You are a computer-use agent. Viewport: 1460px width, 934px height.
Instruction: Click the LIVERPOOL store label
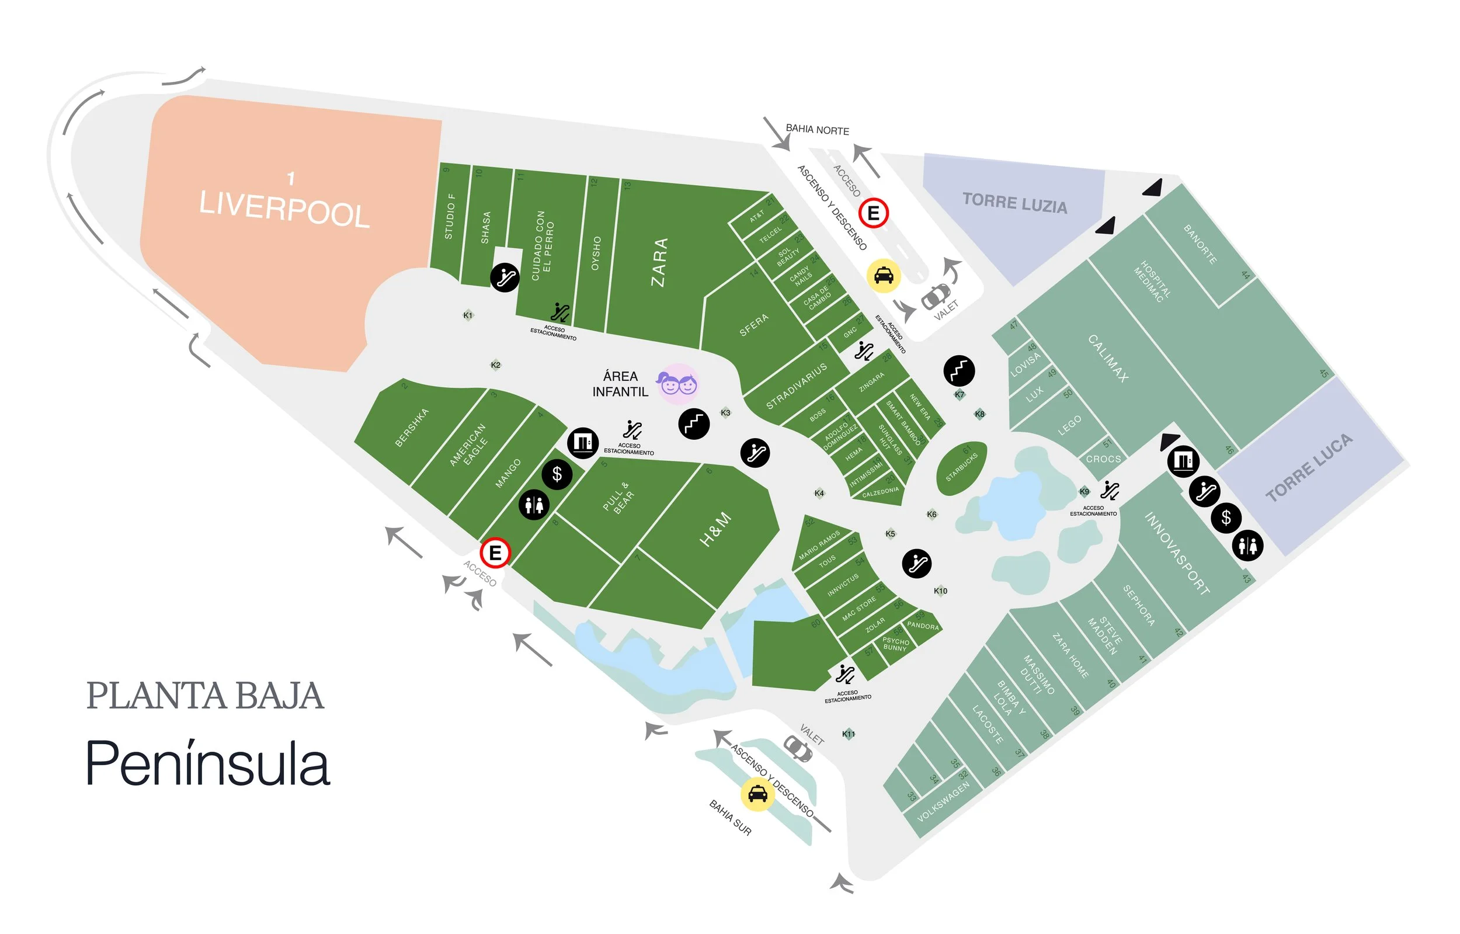(284, 209)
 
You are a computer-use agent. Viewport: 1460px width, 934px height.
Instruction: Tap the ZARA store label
(660, 262)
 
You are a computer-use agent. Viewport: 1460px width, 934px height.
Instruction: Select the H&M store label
(715, 529)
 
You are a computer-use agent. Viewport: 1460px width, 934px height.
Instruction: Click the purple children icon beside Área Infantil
(678, 383)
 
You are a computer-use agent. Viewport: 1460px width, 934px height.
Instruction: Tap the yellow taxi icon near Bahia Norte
(884, 276)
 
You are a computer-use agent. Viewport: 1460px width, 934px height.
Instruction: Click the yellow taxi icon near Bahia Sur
(757, 794)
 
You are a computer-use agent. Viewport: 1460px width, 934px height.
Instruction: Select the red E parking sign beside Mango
(495, 553)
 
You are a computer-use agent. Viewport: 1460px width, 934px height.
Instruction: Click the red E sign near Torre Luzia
(873, 213)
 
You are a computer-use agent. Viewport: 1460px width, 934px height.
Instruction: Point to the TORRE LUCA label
(1308, 468)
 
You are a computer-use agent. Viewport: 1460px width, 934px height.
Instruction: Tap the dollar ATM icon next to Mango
(557, 474)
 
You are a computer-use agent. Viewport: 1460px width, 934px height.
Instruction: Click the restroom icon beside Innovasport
(1248, 545)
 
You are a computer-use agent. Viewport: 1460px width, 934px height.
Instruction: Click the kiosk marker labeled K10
(940, 591)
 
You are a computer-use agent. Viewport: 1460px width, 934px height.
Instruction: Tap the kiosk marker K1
(467, 315)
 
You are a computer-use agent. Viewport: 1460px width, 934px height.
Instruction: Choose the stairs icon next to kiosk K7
(959, 370)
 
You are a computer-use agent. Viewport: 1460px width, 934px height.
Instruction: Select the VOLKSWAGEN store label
(943, 801)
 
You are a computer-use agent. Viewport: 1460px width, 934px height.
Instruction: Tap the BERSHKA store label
(412, 428)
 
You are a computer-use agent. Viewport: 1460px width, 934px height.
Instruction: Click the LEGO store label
(1069, 425)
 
